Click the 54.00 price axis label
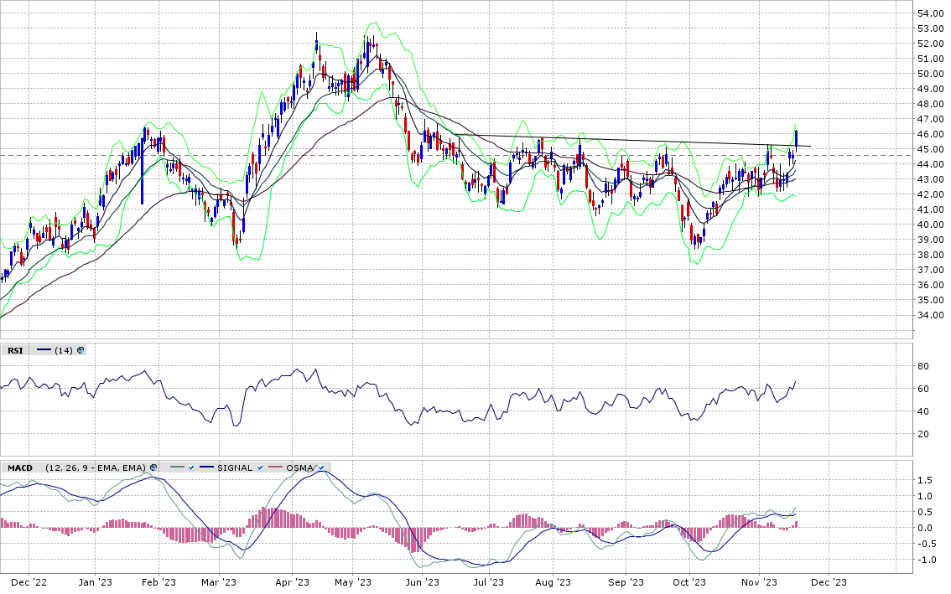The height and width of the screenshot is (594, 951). [930, 13]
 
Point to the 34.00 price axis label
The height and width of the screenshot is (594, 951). [930, 315]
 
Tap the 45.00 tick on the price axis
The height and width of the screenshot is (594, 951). [930, 149]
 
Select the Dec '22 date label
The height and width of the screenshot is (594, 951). [29, 582]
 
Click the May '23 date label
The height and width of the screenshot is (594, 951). [353, 582]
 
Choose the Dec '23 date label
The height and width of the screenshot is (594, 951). [829, 582]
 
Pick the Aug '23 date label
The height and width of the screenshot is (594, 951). [553, 582]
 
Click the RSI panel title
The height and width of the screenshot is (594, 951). [15, 350]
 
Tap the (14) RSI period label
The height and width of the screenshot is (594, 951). [64, 350]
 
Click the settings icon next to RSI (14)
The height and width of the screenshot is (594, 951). [81, 350]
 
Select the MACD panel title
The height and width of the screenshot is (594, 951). [20, 468]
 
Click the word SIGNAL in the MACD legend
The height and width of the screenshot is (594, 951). [235, 468]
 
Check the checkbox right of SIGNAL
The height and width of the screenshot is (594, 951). [260, 468]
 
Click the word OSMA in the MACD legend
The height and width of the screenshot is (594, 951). [299, 468]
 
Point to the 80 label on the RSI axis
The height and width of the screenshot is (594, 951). [923, 366]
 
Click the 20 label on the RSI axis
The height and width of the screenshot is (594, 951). [923, 434]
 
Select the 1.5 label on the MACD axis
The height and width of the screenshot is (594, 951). [925, 481]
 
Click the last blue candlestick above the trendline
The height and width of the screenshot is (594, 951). [796, 138]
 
